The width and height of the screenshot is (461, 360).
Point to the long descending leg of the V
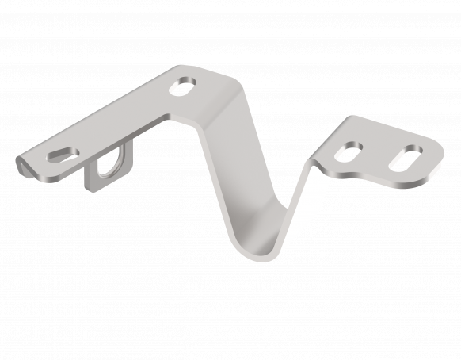point(238,167)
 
